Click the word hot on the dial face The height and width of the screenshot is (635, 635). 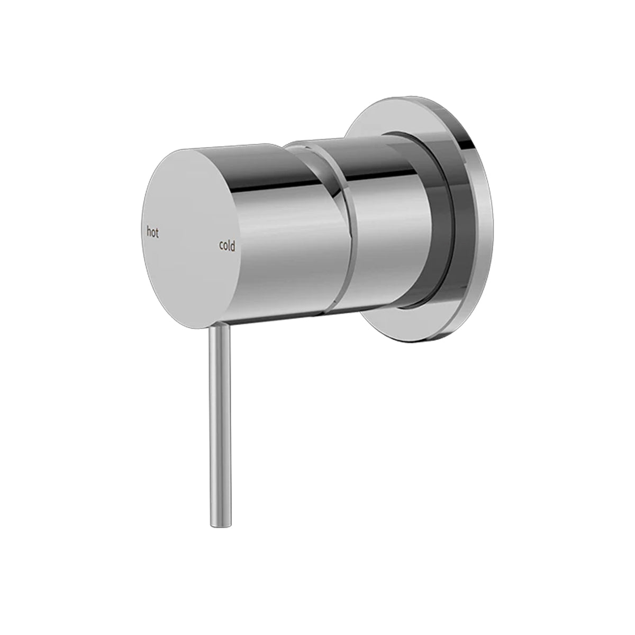click(152, 231)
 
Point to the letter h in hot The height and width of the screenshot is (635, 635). click(148, 231)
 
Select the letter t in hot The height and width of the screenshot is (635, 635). click(157, 231)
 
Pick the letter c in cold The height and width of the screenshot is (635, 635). click(221, 246)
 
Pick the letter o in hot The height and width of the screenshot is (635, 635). click(153, 232)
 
